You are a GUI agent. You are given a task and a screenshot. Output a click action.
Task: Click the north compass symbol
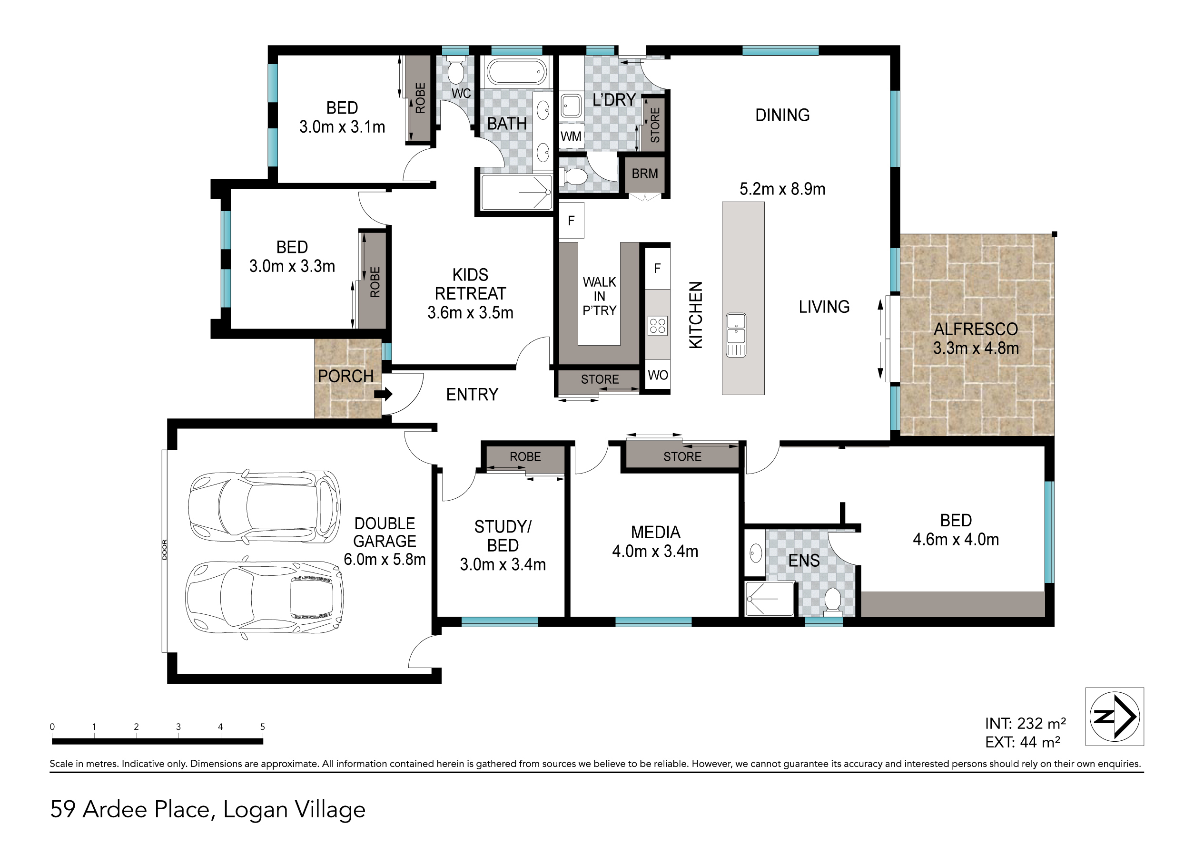pyautogui.click(x=1114, y=716)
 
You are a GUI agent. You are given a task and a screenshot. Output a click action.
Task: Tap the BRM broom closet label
pyautogui.click(x=644, y=174)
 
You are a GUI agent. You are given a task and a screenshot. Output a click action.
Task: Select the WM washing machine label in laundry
pyautogui.click(x=571, y=136)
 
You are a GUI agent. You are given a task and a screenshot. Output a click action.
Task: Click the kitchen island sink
pyautogui.click(x=735, y=335)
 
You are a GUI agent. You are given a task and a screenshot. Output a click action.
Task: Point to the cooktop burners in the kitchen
pyautogui.click(x=657, y=326)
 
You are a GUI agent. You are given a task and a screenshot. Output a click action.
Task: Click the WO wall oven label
pyautogui.click(x=658, y=375)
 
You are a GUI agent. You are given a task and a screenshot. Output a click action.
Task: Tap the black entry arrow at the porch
pyautogui.click(x=383, y=395)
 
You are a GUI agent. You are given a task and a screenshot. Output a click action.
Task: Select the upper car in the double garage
pyautogui.click(x=264, y=507)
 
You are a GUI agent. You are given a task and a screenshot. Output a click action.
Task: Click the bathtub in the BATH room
pyautogui.click(x=516, y=71)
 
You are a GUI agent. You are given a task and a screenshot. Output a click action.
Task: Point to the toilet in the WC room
pyautogui.click(x=456, y=72)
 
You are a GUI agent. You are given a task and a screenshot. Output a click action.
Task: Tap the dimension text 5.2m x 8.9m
pyautogui.click(x=782, y=189)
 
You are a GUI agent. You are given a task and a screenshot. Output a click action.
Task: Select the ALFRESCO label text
pyautogui.click(x=975, y=329)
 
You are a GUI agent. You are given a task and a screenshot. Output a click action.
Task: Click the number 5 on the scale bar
pyautogui.click(x=262, y=727)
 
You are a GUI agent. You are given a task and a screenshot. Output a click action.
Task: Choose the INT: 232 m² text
pyautogui.click(x=1025, y=724)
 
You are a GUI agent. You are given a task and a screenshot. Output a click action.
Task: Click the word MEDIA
pyautogui.click(x=655, y=532)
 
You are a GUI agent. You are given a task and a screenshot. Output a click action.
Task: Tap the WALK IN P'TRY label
pyautogui.click(x=599, y=296)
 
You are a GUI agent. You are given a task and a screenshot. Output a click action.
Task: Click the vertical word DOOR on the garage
pyautogui.click(x=165, y=550)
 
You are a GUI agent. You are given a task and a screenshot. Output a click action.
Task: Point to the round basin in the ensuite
pyautogui.click(x=756, y=553)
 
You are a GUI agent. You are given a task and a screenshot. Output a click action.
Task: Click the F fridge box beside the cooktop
pyautogui.click(x=657, y=269)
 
